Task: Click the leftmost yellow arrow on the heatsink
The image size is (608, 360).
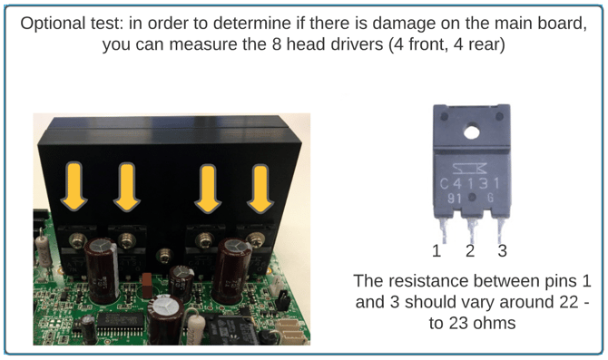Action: (74, 187)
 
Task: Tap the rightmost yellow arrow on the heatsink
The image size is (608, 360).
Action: (260, 189)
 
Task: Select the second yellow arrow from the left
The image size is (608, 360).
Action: (126, 187)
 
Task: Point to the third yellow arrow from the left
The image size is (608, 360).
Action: (208, 189)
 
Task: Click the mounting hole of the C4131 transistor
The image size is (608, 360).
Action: (471, 132)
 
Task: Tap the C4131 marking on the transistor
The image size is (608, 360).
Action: (470, 183)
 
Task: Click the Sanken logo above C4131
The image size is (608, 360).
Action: (470, 168)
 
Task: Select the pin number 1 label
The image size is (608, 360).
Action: (437, 251)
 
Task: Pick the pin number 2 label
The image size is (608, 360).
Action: (470, 251)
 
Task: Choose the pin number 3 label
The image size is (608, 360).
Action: (503, 251)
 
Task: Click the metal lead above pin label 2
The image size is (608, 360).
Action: (471, 230)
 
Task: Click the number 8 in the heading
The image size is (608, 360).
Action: (276, 44)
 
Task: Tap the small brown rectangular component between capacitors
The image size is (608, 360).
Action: (147, 285)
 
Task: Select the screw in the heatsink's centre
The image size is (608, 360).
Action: (165, 256)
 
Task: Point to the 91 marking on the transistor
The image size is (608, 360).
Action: (455, 199)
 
